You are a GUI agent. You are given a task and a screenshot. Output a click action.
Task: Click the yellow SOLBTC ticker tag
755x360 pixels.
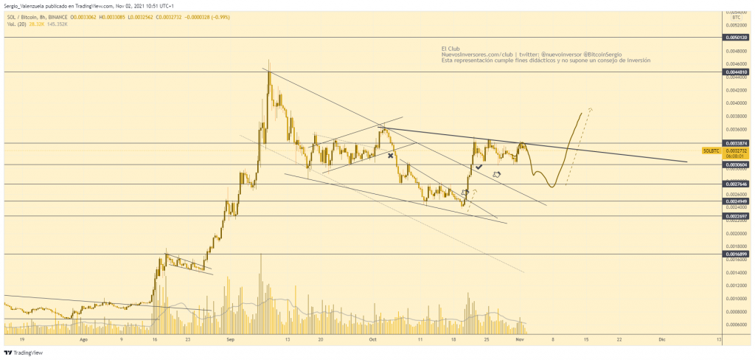[x=711, y=150]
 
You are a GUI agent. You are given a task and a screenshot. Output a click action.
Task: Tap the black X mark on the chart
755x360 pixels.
[x=390, y=156]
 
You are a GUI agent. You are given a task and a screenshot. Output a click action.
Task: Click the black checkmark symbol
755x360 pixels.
[x=479, y=168]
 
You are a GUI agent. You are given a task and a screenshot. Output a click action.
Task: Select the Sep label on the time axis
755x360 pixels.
[x=231, y=341]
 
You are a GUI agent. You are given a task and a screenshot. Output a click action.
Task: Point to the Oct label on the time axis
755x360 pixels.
[x=373, y=341]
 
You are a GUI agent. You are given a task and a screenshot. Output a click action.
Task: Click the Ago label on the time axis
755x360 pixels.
[x=83, y=341]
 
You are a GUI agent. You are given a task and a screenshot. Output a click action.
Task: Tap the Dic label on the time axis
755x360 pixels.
[x=661, y=341]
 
